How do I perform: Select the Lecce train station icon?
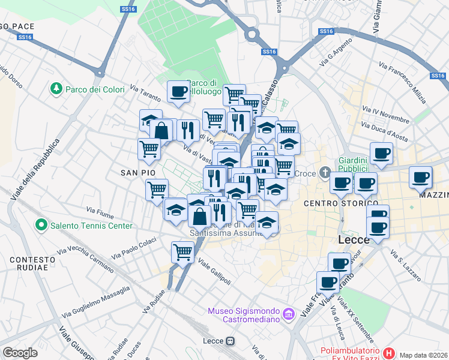pos(229,341)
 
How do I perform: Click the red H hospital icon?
pos(389,353)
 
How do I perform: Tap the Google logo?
pos(20,353)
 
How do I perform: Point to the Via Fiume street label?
pos(100,211)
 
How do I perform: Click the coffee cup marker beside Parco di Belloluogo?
pos(178,92)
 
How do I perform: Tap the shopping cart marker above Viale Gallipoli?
pos(183,251)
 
